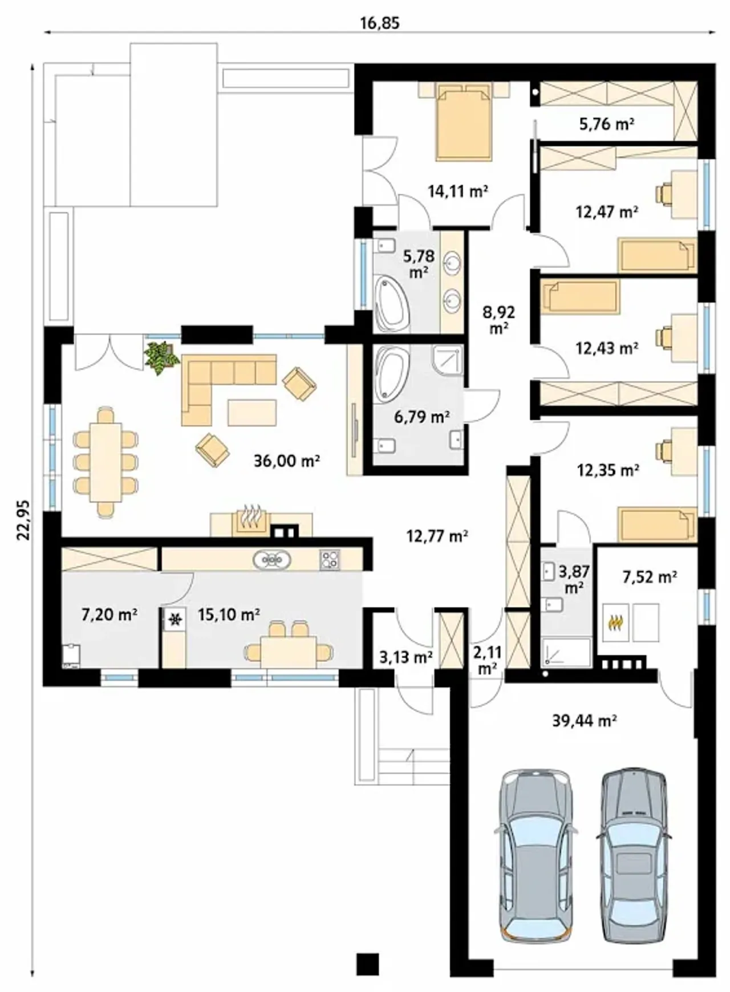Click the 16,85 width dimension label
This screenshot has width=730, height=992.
tap(379, 23)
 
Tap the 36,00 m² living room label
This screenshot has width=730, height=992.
tap(286, 460)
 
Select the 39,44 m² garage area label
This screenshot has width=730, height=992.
tap(585, 721)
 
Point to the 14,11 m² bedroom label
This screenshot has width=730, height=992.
tap(458, 191)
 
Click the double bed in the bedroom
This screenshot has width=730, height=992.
tap(463, 121)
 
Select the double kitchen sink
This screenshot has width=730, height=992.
tap(272, 559)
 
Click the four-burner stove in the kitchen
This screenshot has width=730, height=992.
tap(329, 559)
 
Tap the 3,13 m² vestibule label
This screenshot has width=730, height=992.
tap(406, 657)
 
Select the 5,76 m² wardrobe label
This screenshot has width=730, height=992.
tap(607, 123)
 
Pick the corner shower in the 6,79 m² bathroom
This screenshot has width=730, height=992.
tap(448, 360)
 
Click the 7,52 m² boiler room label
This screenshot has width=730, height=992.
tap(650, 577)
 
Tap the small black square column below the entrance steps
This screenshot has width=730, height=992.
tap(368, 963)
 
